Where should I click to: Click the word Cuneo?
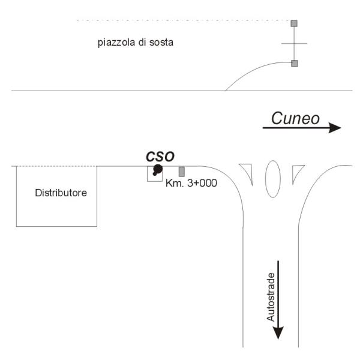click(x=295, y=118)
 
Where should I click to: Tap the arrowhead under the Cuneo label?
click(x=335, y=128)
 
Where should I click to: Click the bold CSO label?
click(x=160, y=157)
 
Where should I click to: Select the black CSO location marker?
click(x=157, y=170)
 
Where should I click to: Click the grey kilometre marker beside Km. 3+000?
click(x=182, y=172)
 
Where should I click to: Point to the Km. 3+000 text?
click(x=191, y=183)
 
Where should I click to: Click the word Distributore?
click(x=61, y=193)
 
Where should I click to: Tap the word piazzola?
click(x=116, y=43)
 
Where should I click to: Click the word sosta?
click(x=161, y=43)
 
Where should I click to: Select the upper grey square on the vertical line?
click(x=294, y=23)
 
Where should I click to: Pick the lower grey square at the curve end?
click(x=295, y=64)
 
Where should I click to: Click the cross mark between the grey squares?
click(x=294, y=43)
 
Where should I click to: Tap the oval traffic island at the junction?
click(x=273, y=179)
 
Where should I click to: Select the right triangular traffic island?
click(x=296, y=172)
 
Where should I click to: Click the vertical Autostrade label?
click(x=271, y=297)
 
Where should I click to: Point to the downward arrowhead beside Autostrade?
click(x=278, y=332)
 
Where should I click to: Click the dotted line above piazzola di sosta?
click(x=184, y=20)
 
